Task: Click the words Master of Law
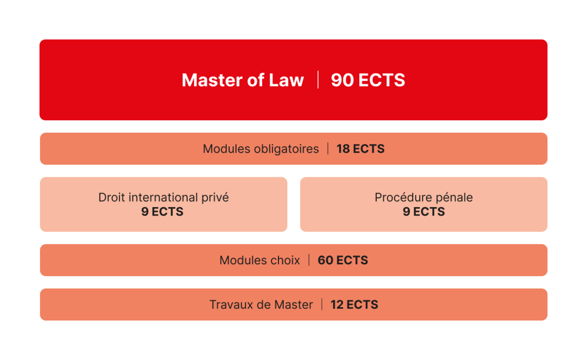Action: (243, 80)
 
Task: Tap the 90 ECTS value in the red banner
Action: (368, 80)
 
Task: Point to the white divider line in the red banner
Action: (318, 80)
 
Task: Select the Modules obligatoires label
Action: (260, 149)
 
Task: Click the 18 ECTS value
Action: (361, 149)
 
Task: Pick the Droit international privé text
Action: (164, 197)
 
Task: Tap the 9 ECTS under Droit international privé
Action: (162, 212)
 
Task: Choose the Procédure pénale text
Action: (424, 197)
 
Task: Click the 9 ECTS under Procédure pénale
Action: (424, 212)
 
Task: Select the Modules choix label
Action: (259, 260)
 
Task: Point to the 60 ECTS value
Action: (343, 260)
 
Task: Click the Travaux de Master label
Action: (261, 305)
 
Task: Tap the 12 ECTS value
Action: (354, 305)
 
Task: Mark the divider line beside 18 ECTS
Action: (328, 148)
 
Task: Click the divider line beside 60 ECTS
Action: (309, 260)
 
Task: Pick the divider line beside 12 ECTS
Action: (322, 304)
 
